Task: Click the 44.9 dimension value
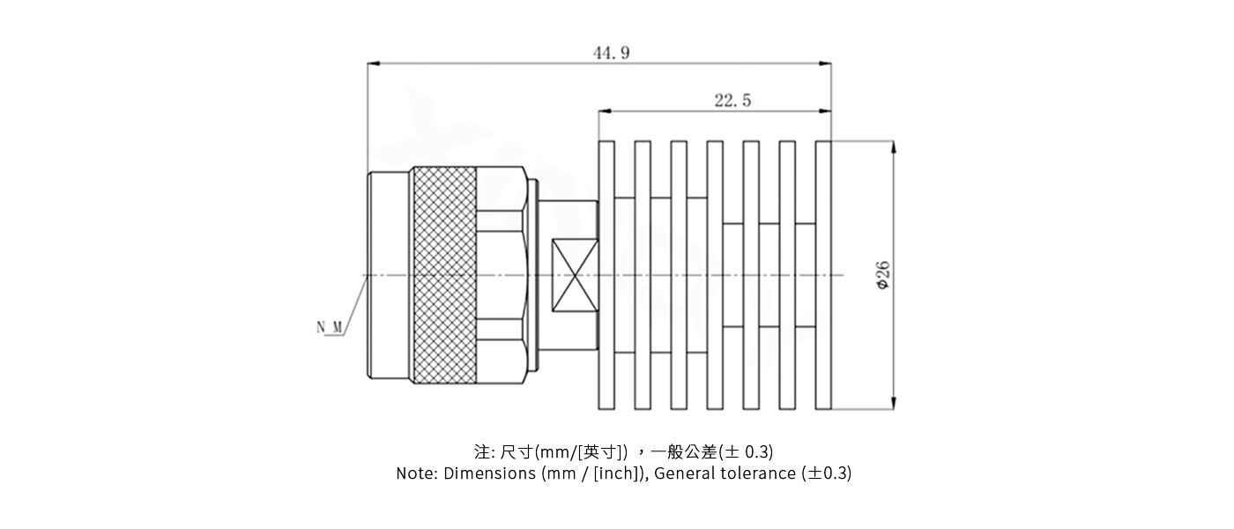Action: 611,53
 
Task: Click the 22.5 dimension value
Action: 732,101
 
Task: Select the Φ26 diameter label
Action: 883,275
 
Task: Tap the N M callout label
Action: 330,328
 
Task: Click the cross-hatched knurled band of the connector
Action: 445,275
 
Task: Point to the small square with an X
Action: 574,275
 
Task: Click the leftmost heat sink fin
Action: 606,275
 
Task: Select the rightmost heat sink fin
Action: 823,275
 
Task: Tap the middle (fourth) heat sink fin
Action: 715,275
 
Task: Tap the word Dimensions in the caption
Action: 489,473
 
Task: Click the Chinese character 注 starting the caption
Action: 481,452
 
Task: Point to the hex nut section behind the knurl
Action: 502,275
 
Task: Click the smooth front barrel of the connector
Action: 390,275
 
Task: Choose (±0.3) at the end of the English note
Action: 826,473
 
